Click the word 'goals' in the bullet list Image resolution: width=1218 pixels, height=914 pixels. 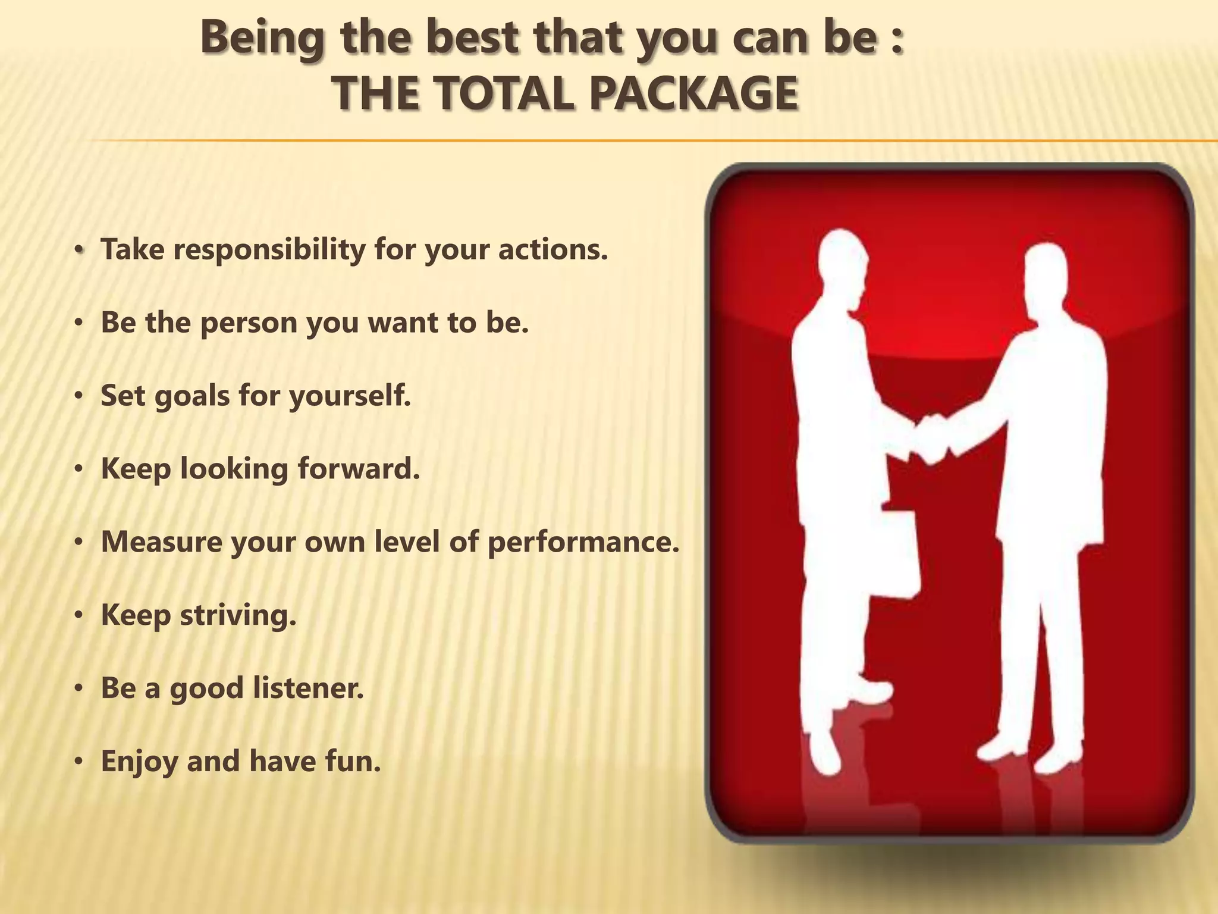pos(192,396)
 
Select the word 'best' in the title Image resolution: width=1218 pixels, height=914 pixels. pos(476,37)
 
